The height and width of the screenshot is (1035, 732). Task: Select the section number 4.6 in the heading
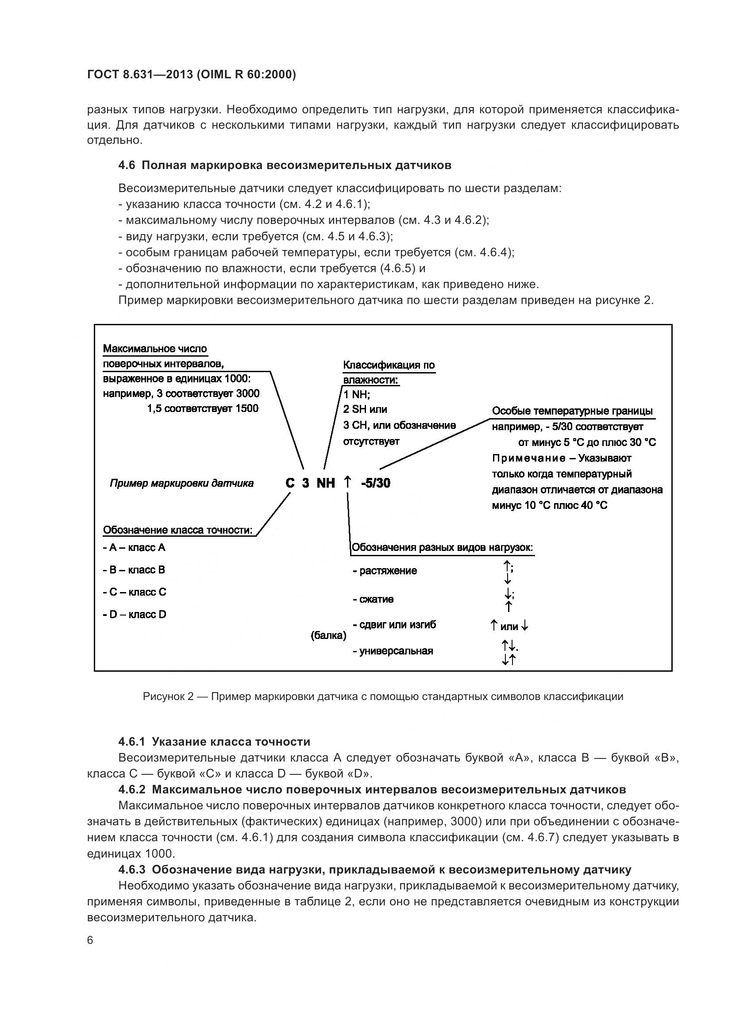pyautogui.click(x=126, y=165)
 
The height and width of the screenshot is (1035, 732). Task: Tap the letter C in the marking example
pyautogui.click(x=290, y=483)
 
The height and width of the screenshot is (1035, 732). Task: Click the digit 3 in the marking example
pyautogui.click(x=306, y=483)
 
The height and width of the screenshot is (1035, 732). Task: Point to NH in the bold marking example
pyautogui.click(x=325, y=483)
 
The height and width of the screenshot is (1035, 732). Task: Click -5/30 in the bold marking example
pyautogui.click(x=375, y=483)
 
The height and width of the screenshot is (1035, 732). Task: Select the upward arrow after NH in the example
pyautogui.click(x=347, y=482)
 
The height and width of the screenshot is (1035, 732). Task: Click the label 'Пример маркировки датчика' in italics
pyautogui.click(x=181, y=483)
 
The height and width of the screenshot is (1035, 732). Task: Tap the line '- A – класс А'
pyautogui.click(x=135, y=547)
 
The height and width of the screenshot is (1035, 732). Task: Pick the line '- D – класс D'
pyautogui.click(x=135, y=615)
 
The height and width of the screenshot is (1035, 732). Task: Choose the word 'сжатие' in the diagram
pyautogui.click(x=376, y=599)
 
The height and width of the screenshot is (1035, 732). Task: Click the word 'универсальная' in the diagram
pyautogui.click(x=396, y=651)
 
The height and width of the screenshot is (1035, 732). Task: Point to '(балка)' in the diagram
pyautogui.click(x=328, y=635)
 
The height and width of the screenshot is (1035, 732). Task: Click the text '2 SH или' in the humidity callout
pyautogui.click(x=365, y=409)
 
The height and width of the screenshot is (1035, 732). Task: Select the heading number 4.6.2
pyautogui.click(x=131, y=789)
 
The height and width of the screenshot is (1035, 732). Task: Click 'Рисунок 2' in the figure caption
pyautogui.click(x=168, y=696)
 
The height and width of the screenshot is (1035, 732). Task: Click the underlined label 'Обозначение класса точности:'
pyautogui.click(x=177, y=530)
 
